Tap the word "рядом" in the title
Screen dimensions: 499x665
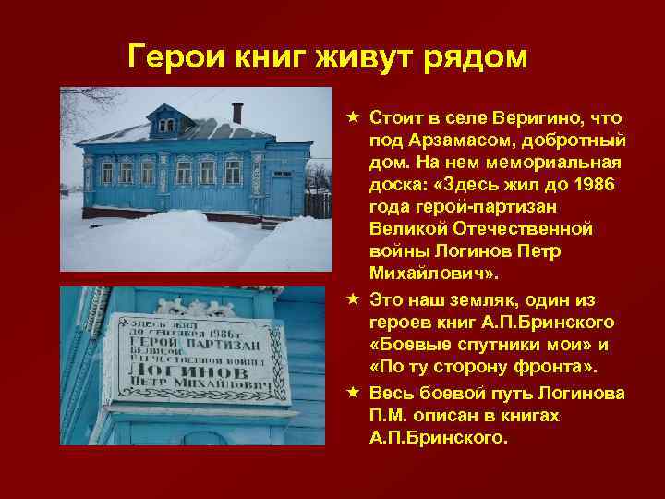tap(475, 56)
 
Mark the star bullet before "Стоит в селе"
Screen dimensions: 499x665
tap(354, 118)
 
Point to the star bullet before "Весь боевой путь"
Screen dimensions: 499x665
tap(354, 394)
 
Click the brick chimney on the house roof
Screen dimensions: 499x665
tap(236, 113)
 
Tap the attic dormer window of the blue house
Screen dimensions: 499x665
tap(165, 123)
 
